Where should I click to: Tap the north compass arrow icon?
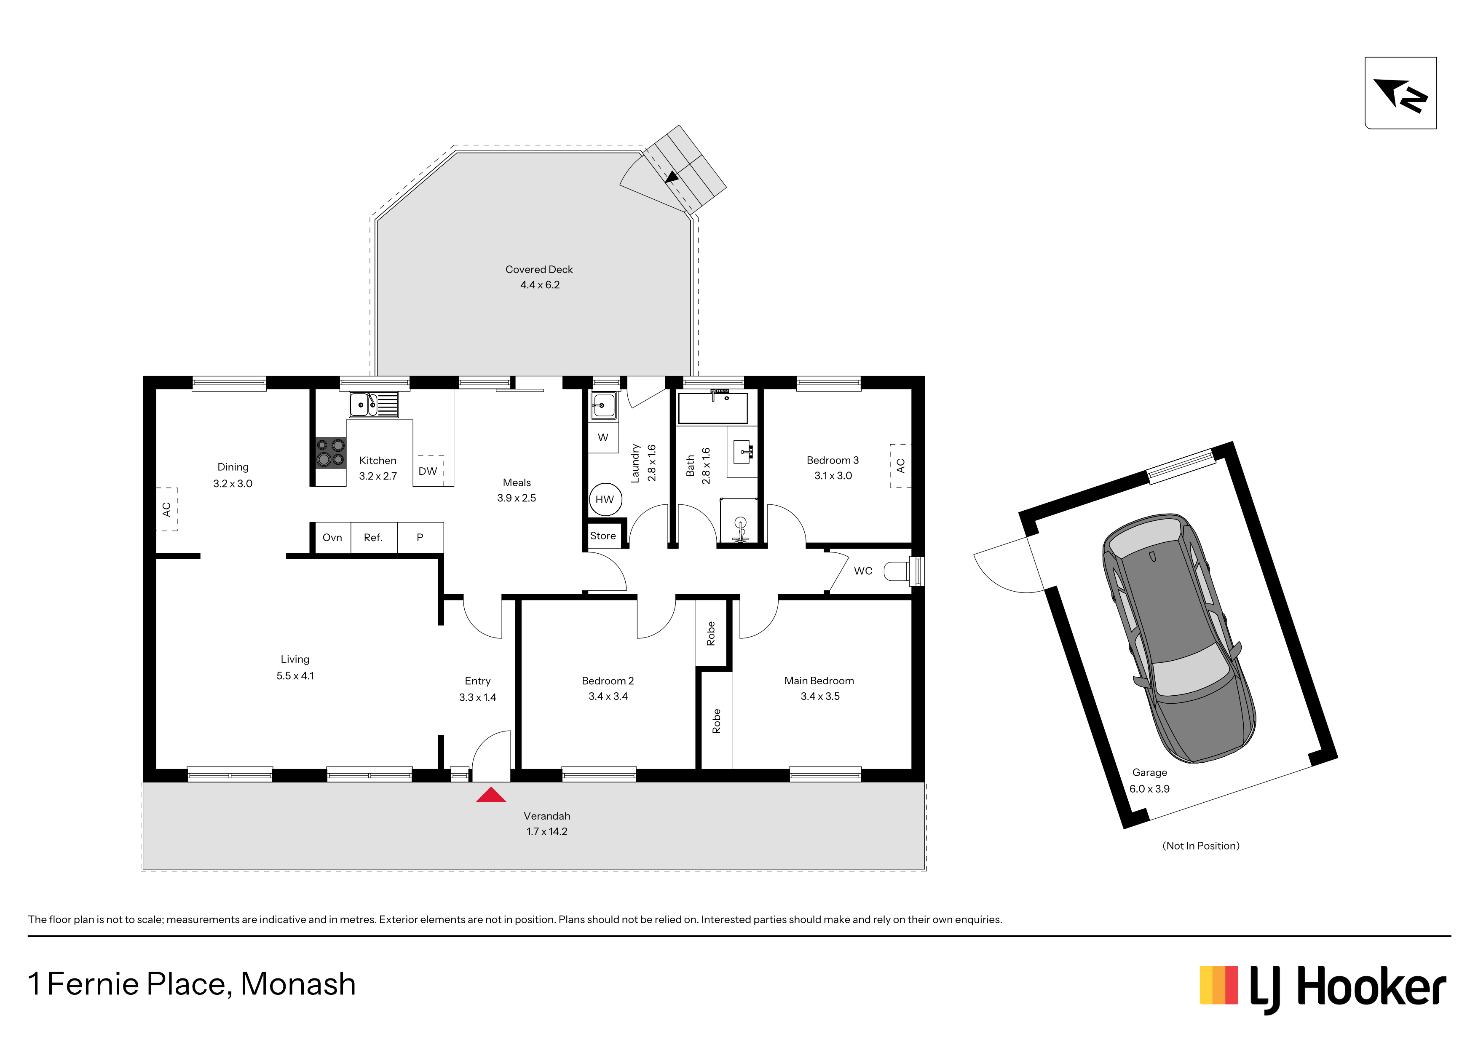1400,94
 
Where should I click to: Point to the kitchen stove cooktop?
330,452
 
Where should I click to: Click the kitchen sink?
373,405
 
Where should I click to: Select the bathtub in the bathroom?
712,407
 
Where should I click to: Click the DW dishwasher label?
428,472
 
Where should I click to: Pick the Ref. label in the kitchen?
373,538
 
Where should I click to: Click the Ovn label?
332,538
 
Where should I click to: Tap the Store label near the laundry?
603,536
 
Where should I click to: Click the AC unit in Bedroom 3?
900,466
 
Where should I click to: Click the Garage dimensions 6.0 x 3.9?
1150,789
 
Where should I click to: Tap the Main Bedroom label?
819,681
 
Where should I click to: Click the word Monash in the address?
298,984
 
